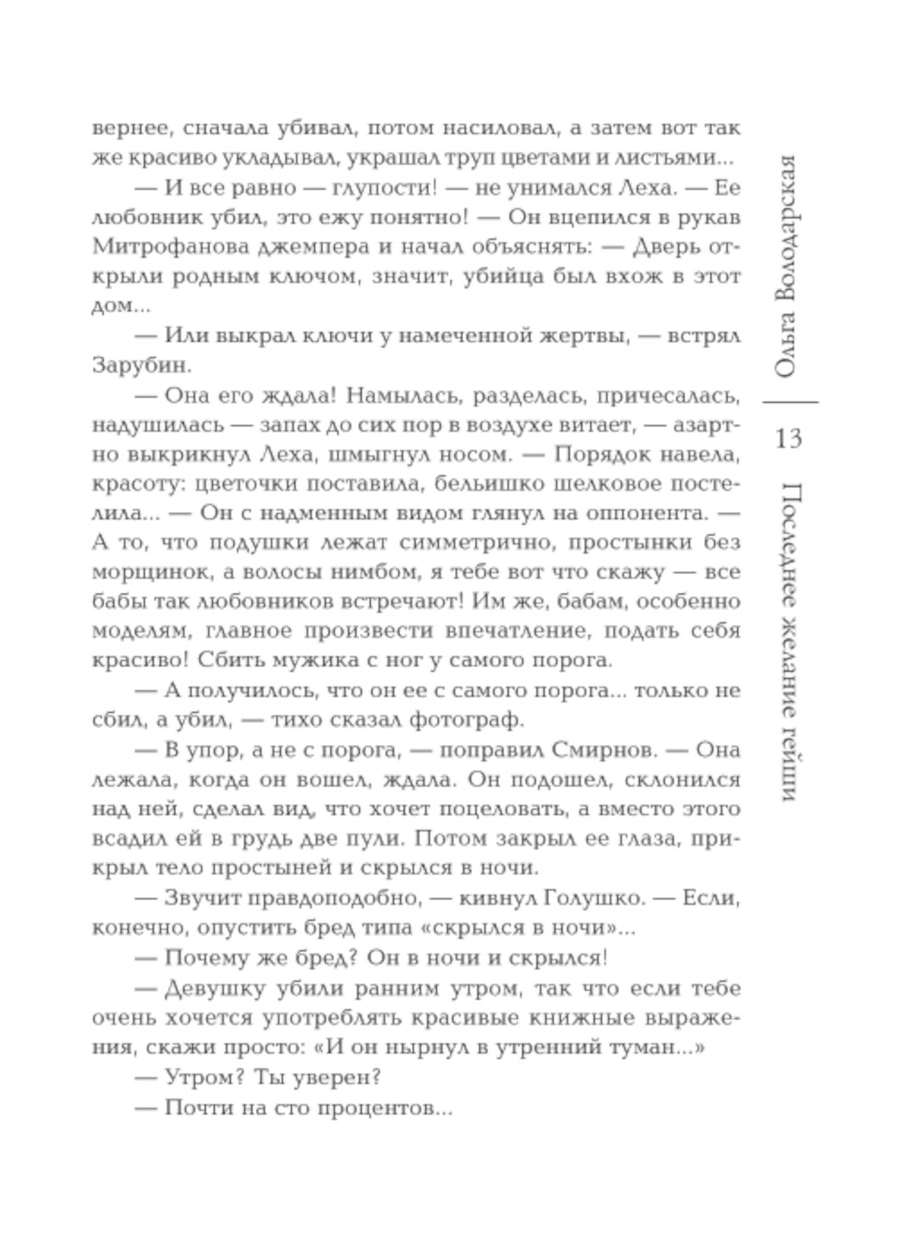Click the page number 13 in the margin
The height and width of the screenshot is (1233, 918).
tap(789, 438)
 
